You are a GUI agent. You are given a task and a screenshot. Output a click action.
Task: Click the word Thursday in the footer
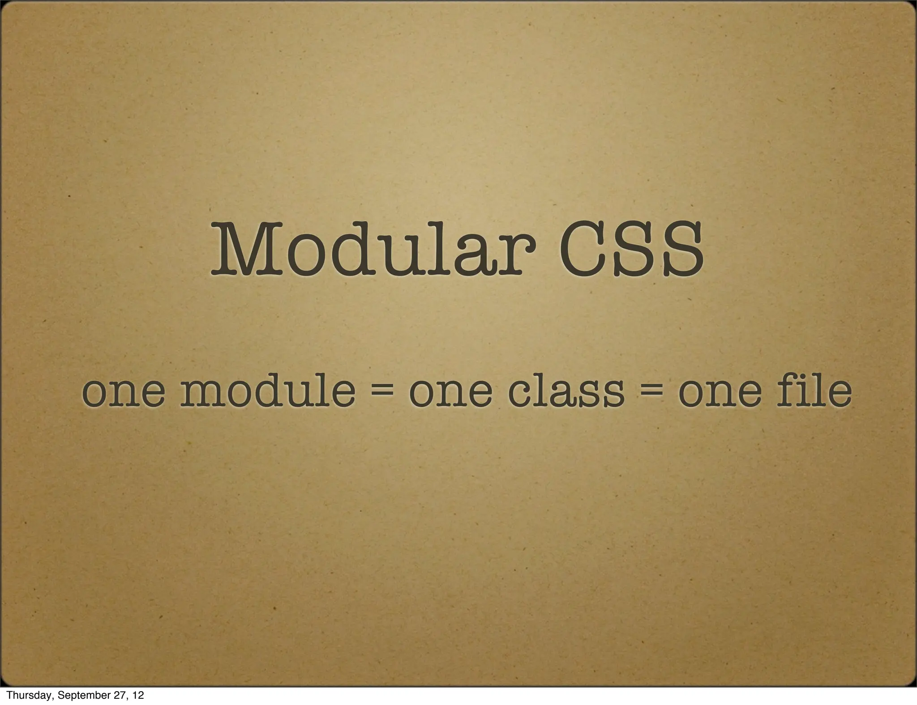(27, 695)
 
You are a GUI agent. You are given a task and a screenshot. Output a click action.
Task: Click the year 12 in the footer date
(138, 695)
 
